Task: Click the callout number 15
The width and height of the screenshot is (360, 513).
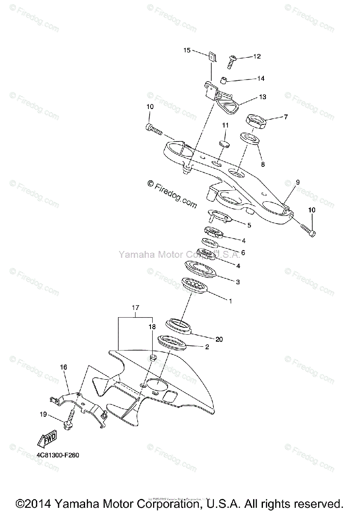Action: (187, 50)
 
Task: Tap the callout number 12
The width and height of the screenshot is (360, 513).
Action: (257, 56)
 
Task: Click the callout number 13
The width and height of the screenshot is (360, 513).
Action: (262, 97)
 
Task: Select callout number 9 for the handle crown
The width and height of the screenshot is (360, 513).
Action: (298, 182)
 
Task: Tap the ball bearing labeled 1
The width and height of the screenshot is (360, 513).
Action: (194, 285)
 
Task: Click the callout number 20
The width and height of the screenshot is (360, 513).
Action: (219, 339)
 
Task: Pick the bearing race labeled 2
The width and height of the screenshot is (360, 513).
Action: (172, 342)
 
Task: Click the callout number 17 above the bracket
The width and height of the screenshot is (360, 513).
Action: (136, 307)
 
